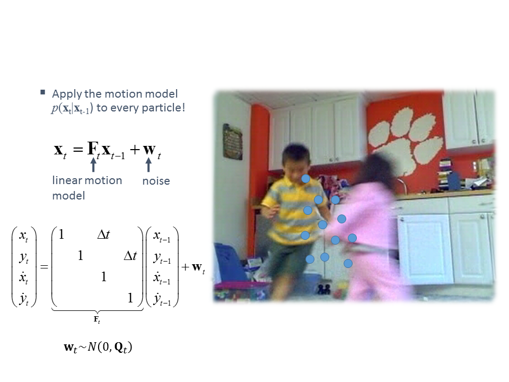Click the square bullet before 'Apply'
click(x=42, y=92)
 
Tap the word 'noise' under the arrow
click(x=156, y=181)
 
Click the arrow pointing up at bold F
click(x=93, y=164)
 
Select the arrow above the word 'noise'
click(x=148, y=164)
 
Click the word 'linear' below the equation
click(x=68, y=180)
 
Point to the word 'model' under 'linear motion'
click(x=69, y=196)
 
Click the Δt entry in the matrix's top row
click(x=103, y=234)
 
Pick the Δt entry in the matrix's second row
click(x=130, y=256)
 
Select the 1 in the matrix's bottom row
click(x=130, y=298)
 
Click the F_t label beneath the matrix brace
click(x=96, y=319)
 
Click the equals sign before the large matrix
click(x=44, y=267)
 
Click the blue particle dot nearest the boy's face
click(x=305, y=178)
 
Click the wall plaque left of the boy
click(x=232, y=142)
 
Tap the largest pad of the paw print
click(x=396, y=156)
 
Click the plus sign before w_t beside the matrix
click(x=186, y=267)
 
